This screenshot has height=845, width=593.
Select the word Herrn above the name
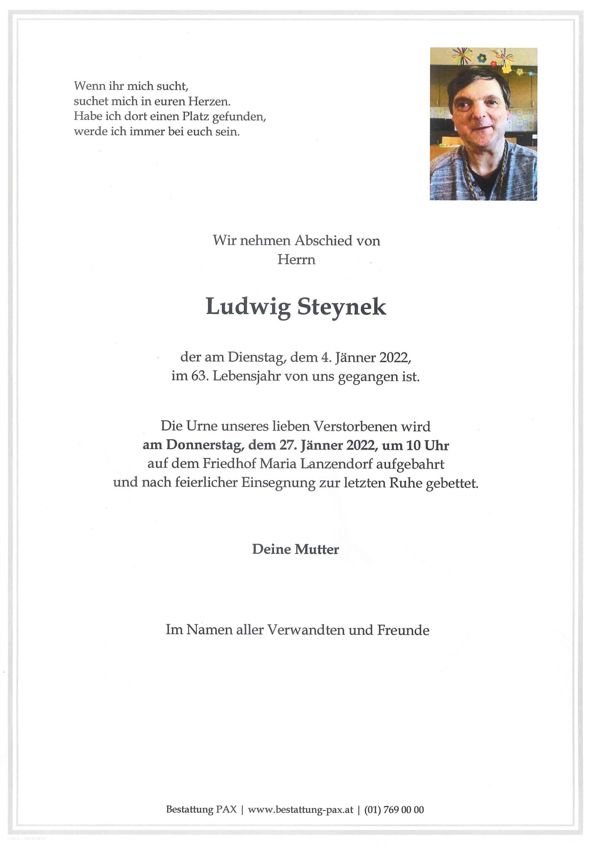pos(296,260)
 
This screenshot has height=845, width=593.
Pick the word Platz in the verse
pos(196,116)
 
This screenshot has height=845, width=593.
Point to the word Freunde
pos(403,630)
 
